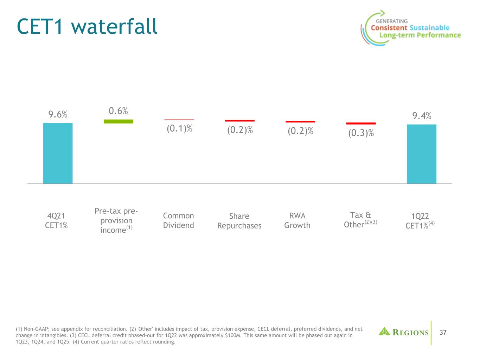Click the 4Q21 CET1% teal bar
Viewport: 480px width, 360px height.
pyautogui.click(x=58, y=153)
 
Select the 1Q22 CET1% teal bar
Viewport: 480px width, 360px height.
pyautogui.click(x=421, y=154)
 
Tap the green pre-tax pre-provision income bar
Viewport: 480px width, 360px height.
pyautogui.click(x=118, y=121)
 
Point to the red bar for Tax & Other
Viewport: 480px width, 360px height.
pyautogui.click(x=361, y=123)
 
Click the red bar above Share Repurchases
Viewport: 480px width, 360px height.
pyautogui.click(x=239, y=121)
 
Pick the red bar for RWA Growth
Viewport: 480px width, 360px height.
pyautogui.click(x=300, y=122)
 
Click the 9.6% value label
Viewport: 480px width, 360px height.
pyautogui.click(x=58, y=114)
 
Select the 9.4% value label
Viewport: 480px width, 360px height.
pyautogui.click(x=422, y=116)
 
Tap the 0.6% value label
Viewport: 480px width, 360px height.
pyautogui.click(x=118, y=111)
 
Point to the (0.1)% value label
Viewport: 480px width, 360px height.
pyautogui.click(x=179, y=129)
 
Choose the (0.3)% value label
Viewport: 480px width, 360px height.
pyautogui.click(x=361, y=133)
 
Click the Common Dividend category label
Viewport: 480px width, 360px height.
pyautogui.click(x=179, y=220)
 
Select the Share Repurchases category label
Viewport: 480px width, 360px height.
pyautogui.click(x=239, y=221)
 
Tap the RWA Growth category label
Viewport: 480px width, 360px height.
pyautogui.click(x=297, y=220)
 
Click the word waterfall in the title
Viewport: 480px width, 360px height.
pyautogui.click(x=114, y=27)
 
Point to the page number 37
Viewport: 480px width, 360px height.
pyautogui.click(x=443, y=332)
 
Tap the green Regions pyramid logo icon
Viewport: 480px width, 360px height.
pyautogui.click(x=384, y=332)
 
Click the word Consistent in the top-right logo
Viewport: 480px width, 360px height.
pyautogui.click(x=389, y=28)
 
